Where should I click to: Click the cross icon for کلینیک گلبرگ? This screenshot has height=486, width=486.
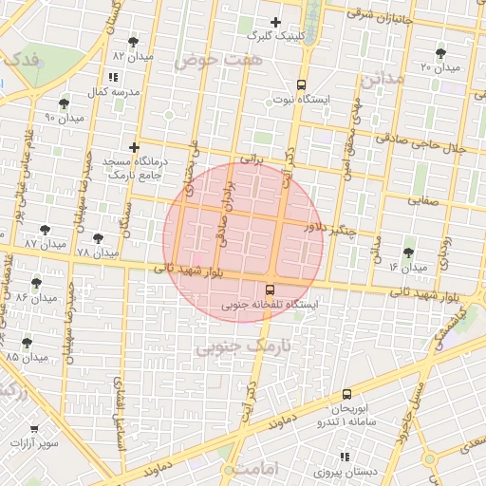(276, 22)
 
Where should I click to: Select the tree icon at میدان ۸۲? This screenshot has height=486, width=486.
(132, 42)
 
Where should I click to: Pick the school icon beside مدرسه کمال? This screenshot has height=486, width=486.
(114, 78)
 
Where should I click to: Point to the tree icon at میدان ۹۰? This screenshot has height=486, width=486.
(64, 103)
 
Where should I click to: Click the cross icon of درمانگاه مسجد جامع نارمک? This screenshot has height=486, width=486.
(135, 148)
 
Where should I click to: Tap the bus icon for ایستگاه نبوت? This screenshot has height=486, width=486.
(302, 84)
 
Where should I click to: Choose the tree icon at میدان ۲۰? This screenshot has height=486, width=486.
(440, 53)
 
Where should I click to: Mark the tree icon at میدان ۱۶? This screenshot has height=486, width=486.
(408, 253)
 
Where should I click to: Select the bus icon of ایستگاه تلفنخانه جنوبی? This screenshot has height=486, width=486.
(271, 290)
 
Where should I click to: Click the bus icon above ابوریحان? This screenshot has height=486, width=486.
(346, 392)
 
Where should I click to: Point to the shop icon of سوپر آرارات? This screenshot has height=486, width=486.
(34, 429)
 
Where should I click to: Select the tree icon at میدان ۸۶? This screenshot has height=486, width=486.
(36, 283)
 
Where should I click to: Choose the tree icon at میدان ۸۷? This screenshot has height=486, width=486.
(45, 230)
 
